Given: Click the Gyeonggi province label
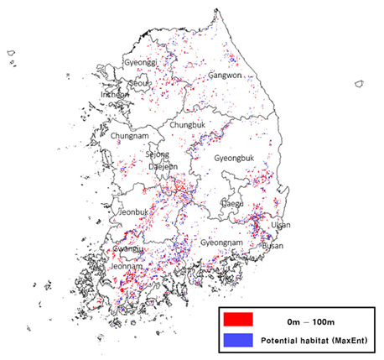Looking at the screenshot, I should (141, 63).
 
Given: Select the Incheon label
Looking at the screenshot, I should (115, 95).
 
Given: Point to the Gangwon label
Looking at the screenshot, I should (224, 76).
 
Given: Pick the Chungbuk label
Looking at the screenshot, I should (187, 125).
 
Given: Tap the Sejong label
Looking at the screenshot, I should (157, 154).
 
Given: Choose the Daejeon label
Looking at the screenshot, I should (163, 167).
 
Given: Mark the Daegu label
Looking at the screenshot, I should (231, 203).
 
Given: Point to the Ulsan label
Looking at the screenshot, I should (280, 225).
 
